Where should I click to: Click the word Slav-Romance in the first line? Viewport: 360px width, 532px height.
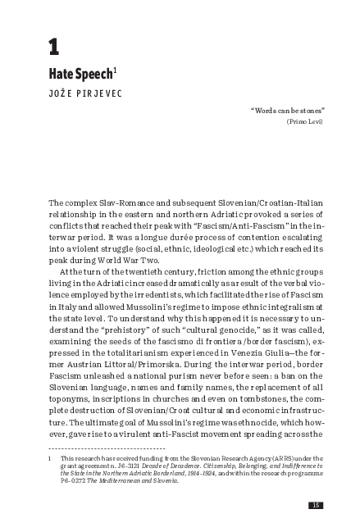click(123, 202)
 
